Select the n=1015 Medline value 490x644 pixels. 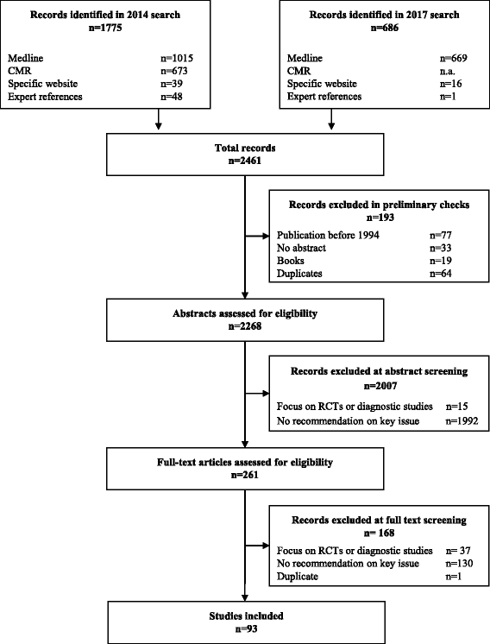point(165,58)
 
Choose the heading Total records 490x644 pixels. point(245,149)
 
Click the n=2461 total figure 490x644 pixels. point(245,161)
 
